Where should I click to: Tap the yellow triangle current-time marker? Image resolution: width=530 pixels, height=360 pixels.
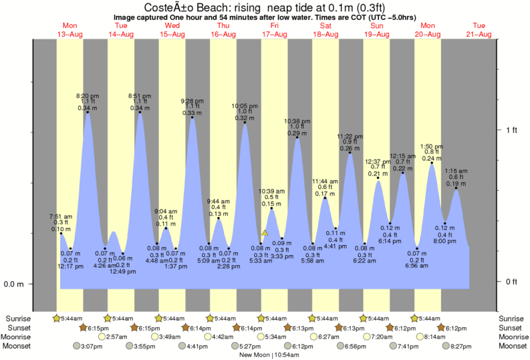pos(265,233)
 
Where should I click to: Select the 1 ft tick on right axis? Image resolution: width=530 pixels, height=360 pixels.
pos(511,130)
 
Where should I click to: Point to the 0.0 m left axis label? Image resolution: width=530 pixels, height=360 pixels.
pos(14,285)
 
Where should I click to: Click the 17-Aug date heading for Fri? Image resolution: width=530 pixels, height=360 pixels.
pos(274,33)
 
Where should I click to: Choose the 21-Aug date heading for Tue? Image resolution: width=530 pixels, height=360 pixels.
pos(479,33)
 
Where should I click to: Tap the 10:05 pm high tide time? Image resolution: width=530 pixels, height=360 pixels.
pos(244,106)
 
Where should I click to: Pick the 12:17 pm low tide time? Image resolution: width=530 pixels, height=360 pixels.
pos(70,266)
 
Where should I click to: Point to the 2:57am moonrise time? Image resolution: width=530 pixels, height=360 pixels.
pos(116,337)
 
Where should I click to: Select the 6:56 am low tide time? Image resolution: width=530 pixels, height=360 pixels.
pos(416,266)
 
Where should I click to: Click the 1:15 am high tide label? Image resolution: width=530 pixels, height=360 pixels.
pos(456,171)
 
